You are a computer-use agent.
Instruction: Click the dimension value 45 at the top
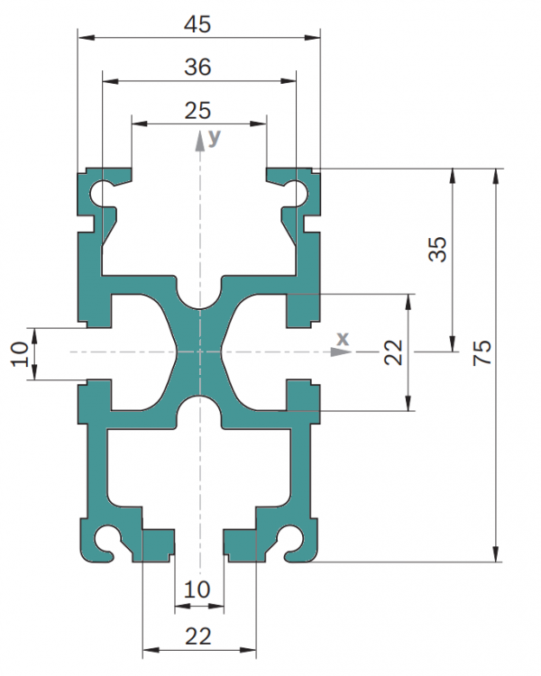point(197,24)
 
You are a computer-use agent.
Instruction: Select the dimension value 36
point(197,68)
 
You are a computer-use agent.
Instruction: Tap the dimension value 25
point(197,111)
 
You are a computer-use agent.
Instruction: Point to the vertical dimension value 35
point(437,249)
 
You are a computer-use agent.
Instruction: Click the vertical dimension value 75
point(482,352)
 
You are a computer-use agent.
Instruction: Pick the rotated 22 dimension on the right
point(393,352)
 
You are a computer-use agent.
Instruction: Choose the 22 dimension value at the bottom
point(198,636)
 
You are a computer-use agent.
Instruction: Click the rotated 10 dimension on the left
point(20,354)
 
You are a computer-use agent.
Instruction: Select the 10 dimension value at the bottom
point(197,589)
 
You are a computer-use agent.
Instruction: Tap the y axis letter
point(215,138)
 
